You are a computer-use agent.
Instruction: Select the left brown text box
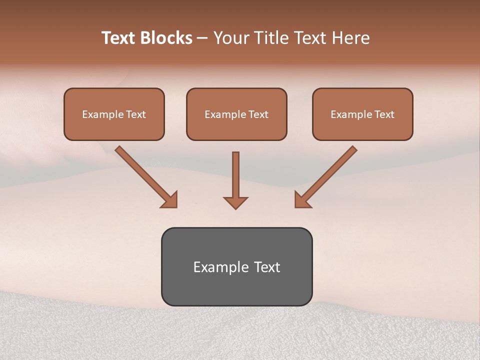[114, 114]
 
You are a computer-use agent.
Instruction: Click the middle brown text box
[236, 114]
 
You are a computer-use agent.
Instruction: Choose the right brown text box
[362, 114]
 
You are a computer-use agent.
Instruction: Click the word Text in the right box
[384, 114]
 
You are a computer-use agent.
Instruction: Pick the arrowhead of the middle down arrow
[235, 202]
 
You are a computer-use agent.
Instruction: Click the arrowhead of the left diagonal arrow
[170, 200]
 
